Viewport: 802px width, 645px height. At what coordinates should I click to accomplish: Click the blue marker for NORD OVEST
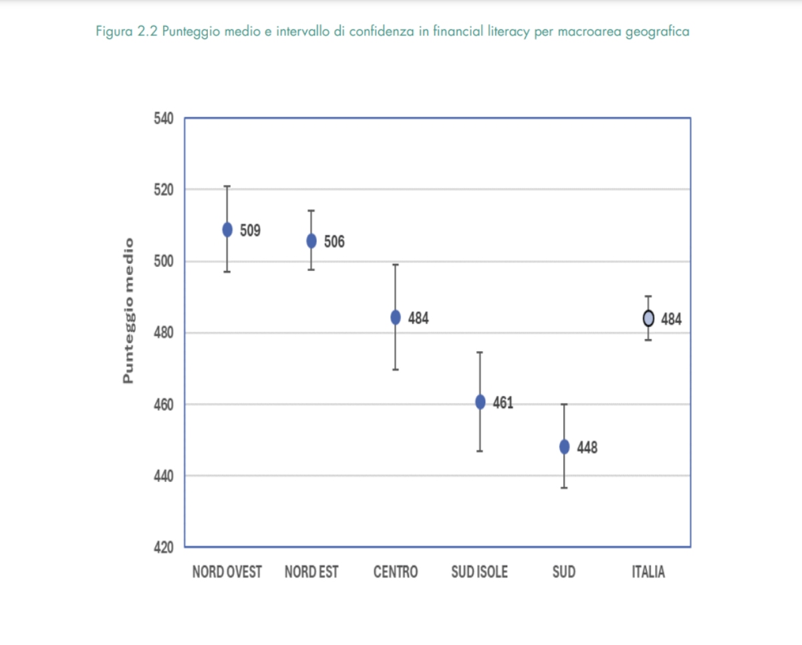227,230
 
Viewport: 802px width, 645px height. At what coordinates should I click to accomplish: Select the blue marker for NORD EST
311,241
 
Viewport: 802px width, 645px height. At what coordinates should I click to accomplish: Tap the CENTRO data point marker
396,317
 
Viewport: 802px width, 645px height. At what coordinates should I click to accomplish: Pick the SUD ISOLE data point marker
480,402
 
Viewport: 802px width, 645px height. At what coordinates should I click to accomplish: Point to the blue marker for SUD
564,447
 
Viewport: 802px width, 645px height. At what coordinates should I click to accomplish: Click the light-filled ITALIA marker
648,318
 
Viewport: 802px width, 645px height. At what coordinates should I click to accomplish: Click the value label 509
251,230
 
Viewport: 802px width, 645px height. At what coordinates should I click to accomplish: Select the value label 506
335,242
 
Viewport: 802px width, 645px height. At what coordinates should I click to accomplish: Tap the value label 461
503,403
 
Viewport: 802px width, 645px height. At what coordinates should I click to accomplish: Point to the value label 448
587,447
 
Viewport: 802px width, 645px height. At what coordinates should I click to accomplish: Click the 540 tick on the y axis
164,120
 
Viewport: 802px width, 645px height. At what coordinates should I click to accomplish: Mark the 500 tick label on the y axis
164,262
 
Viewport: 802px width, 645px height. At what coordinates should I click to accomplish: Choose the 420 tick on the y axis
164,548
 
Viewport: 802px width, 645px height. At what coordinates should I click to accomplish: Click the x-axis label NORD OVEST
227,572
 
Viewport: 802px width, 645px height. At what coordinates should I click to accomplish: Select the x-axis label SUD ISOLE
480,572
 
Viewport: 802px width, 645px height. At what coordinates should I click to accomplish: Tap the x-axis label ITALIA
648,572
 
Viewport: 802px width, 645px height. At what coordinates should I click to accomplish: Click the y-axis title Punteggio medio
128,310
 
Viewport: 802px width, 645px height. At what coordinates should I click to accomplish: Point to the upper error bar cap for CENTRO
396,265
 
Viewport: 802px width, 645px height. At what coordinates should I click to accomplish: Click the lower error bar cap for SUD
564,488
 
